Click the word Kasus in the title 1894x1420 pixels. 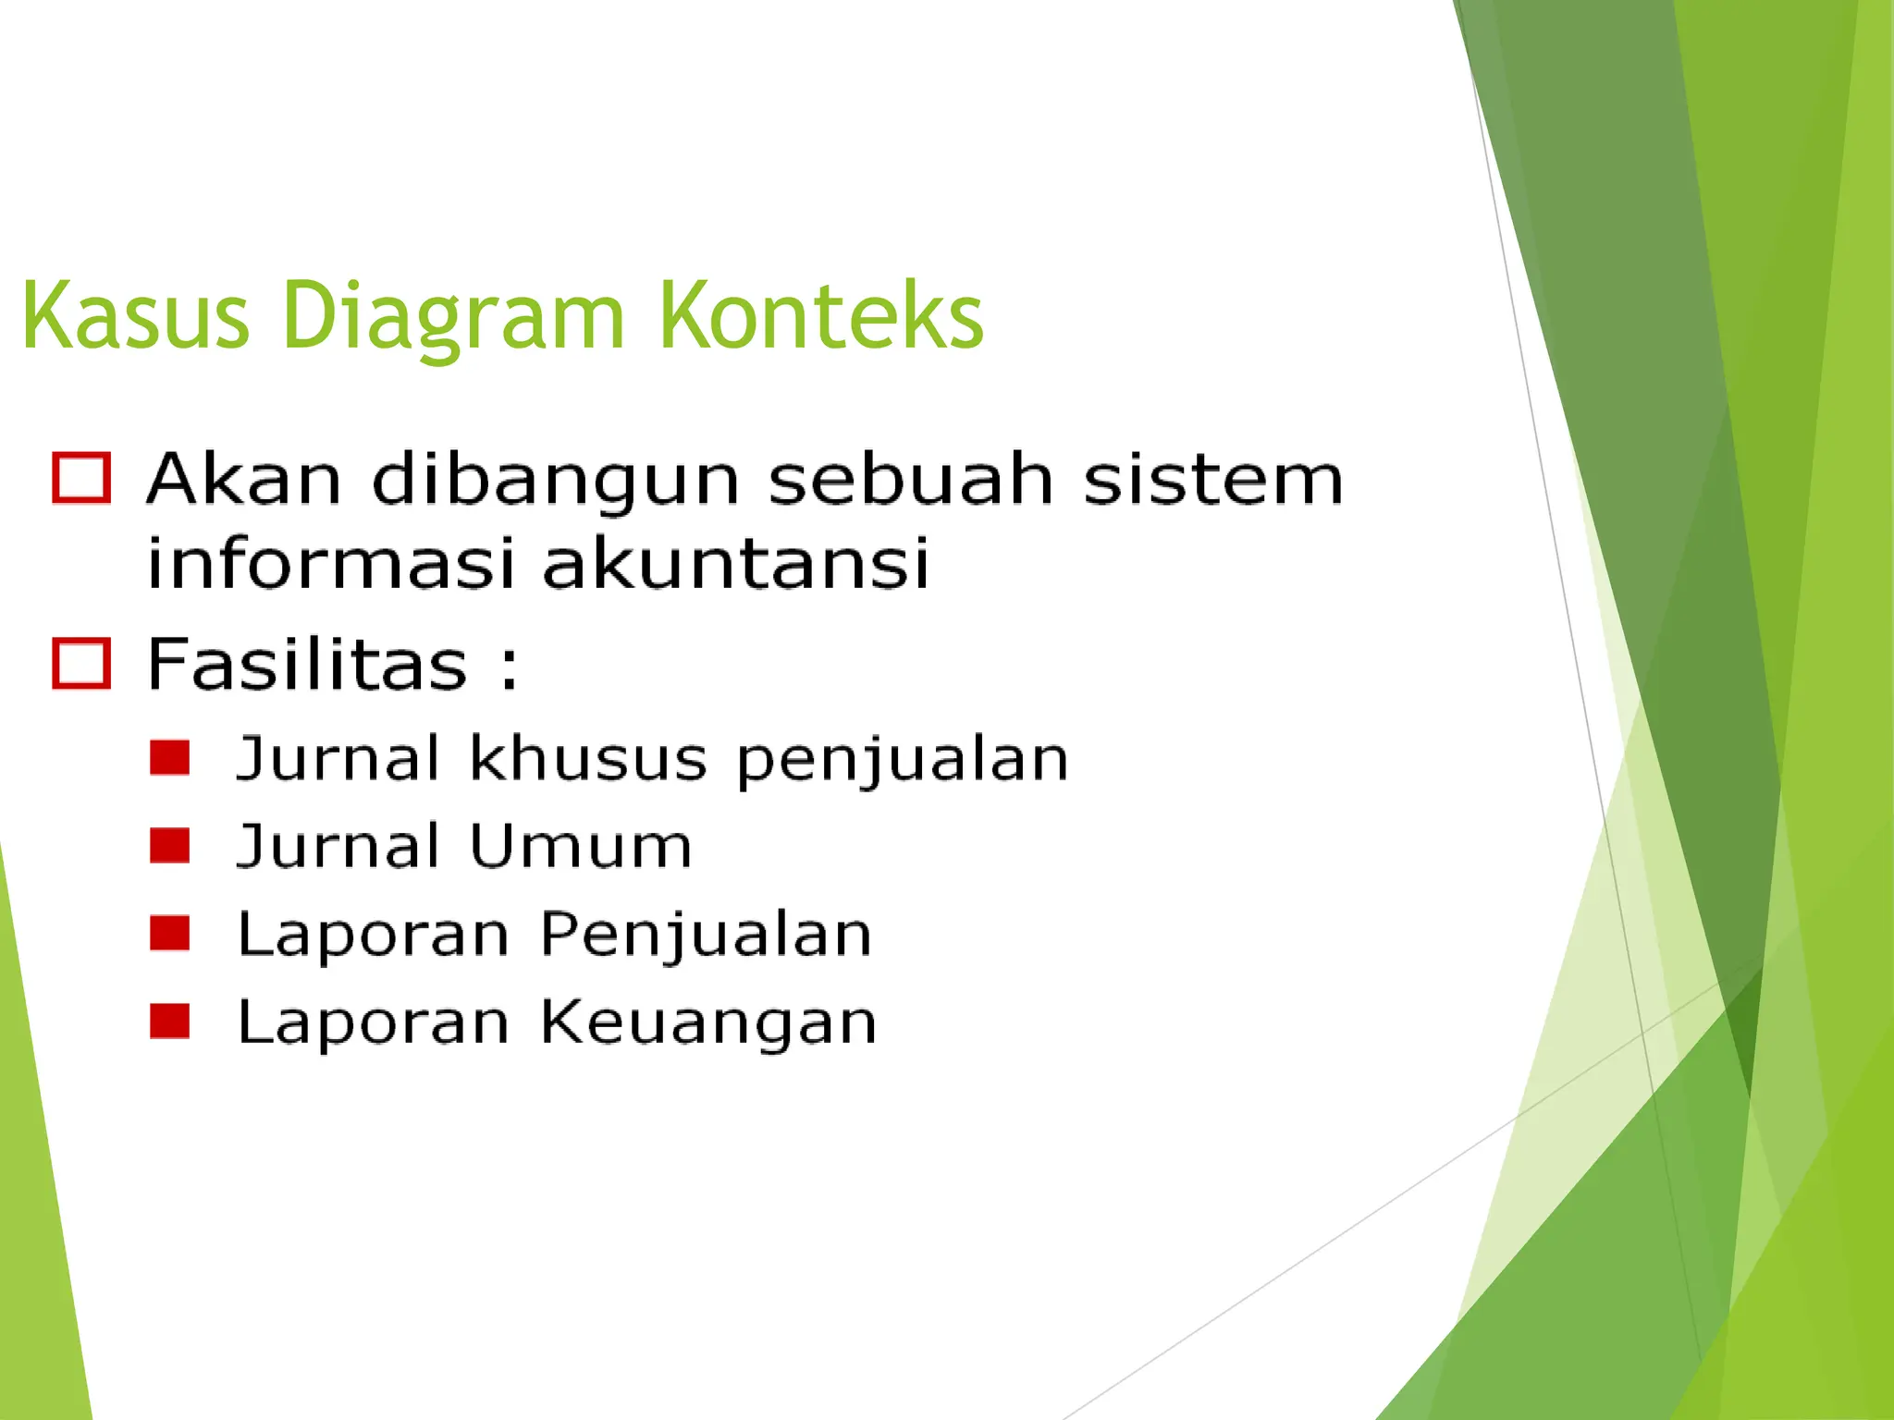(135, 316)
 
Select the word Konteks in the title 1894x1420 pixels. (820, 316)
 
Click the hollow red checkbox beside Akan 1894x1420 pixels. (82, 478)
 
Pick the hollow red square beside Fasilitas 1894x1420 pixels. (82, 663)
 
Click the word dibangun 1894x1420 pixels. (555, 481)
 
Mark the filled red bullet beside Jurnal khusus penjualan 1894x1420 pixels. (170, 757)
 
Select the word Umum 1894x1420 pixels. (581, 845)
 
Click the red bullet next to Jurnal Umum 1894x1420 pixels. (170, 845)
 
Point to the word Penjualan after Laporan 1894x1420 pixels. (706, 934)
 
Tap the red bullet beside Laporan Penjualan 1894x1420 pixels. (170, 934)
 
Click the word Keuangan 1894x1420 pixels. (708, 1022)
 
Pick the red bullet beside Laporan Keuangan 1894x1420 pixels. (170, 1022)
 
